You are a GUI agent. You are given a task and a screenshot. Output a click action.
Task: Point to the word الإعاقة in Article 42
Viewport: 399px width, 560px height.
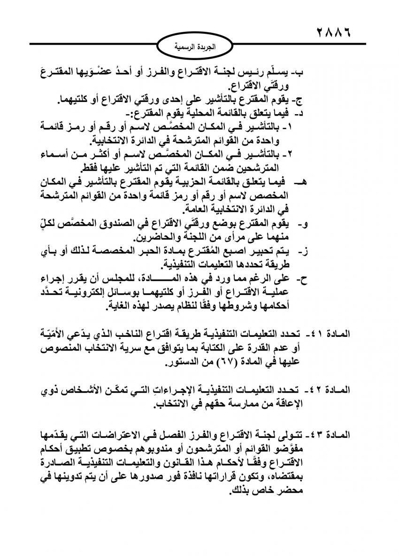[x=286, y=403]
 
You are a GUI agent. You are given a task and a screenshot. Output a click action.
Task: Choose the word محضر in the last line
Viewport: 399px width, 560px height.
[x=288, y=491]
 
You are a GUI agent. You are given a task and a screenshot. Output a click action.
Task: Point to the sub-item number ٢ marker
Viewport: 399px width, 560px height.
[x=304, y=154]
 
